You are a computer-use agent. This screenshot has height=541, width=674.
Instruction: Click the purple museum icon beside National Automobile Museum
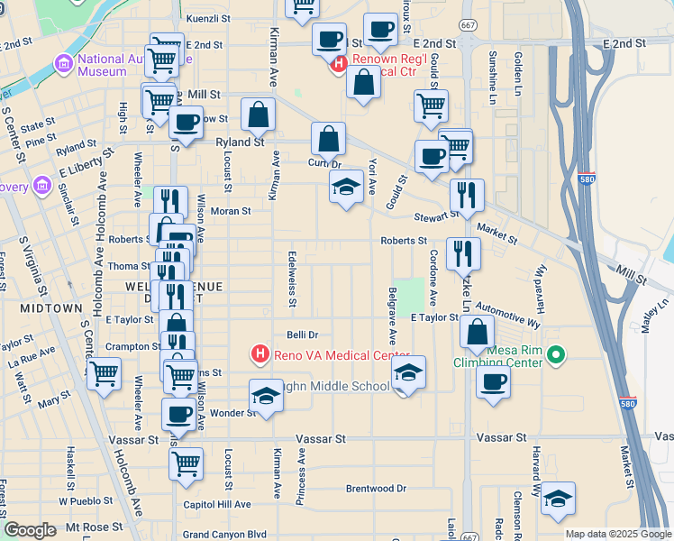[64, 64]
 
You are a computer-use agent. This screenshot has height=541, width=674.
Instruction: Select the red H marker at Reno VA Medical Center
[260, 353]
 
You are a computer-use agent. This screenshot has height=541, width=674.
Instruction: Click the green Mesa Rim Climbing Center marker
[555, 356]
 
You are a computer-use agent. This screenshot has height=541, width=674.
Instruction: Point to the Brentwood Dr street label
[376, 489]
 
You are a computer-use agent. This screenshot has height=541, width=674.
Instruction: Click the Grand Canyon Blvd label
[225, 535]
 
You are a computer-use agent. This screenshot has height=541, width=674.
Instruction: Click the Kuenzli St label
[208, 18]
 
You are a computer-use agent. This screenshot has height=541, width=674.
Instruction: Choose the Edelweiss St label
[292, 278]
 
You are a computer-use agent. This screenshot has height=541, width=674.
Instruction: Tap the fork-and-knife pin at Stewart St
[467, 196]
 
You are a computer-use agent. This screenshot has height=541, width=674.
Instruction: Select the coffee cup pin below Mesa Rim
[493, 382]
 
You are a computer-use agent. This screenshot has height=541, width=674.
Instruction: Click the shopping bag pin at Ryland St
[258, 115]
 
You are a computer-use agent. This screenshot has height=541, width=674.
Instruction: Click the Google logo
[30, 530]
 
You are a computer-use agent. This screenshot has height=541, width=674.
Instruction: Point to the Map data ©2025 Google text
[617, 534]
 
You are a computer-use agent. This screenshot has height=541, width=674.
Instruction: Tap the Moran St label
[230, 211]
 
